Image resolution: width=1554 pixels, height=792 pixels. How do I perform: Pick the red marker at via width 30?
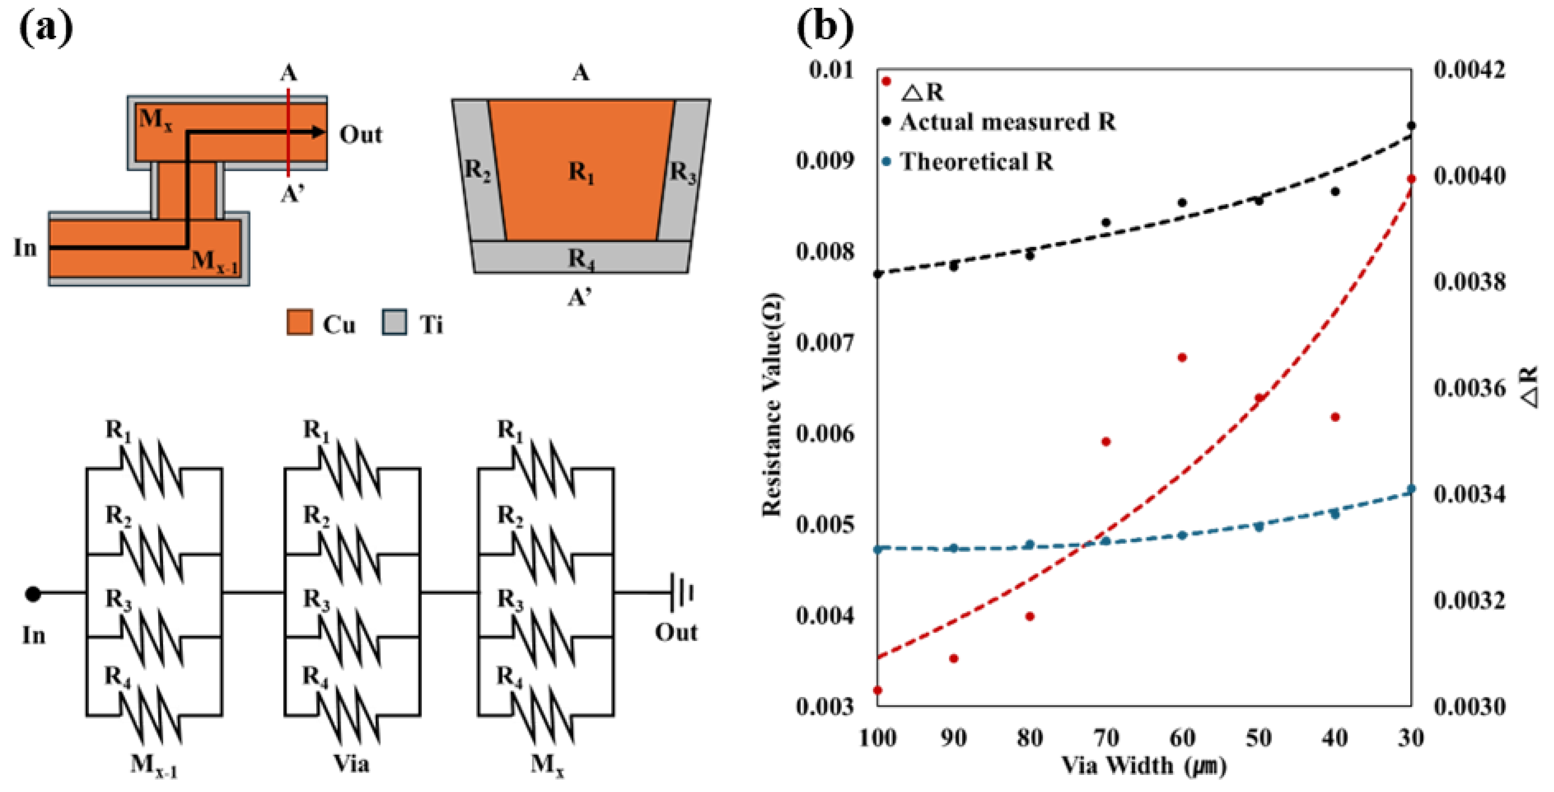[1411, 179]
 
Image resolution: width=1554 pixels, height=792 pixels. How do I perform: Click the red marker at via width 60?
[1182, 357]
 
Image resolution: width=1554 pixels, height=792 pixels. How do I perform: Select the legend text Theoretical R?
[976, 162]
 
